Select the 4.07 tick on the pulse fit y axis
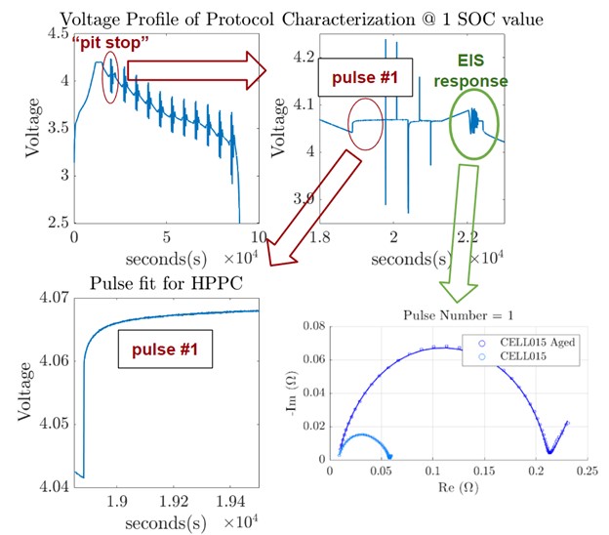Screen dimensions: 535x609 [50, 297]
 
